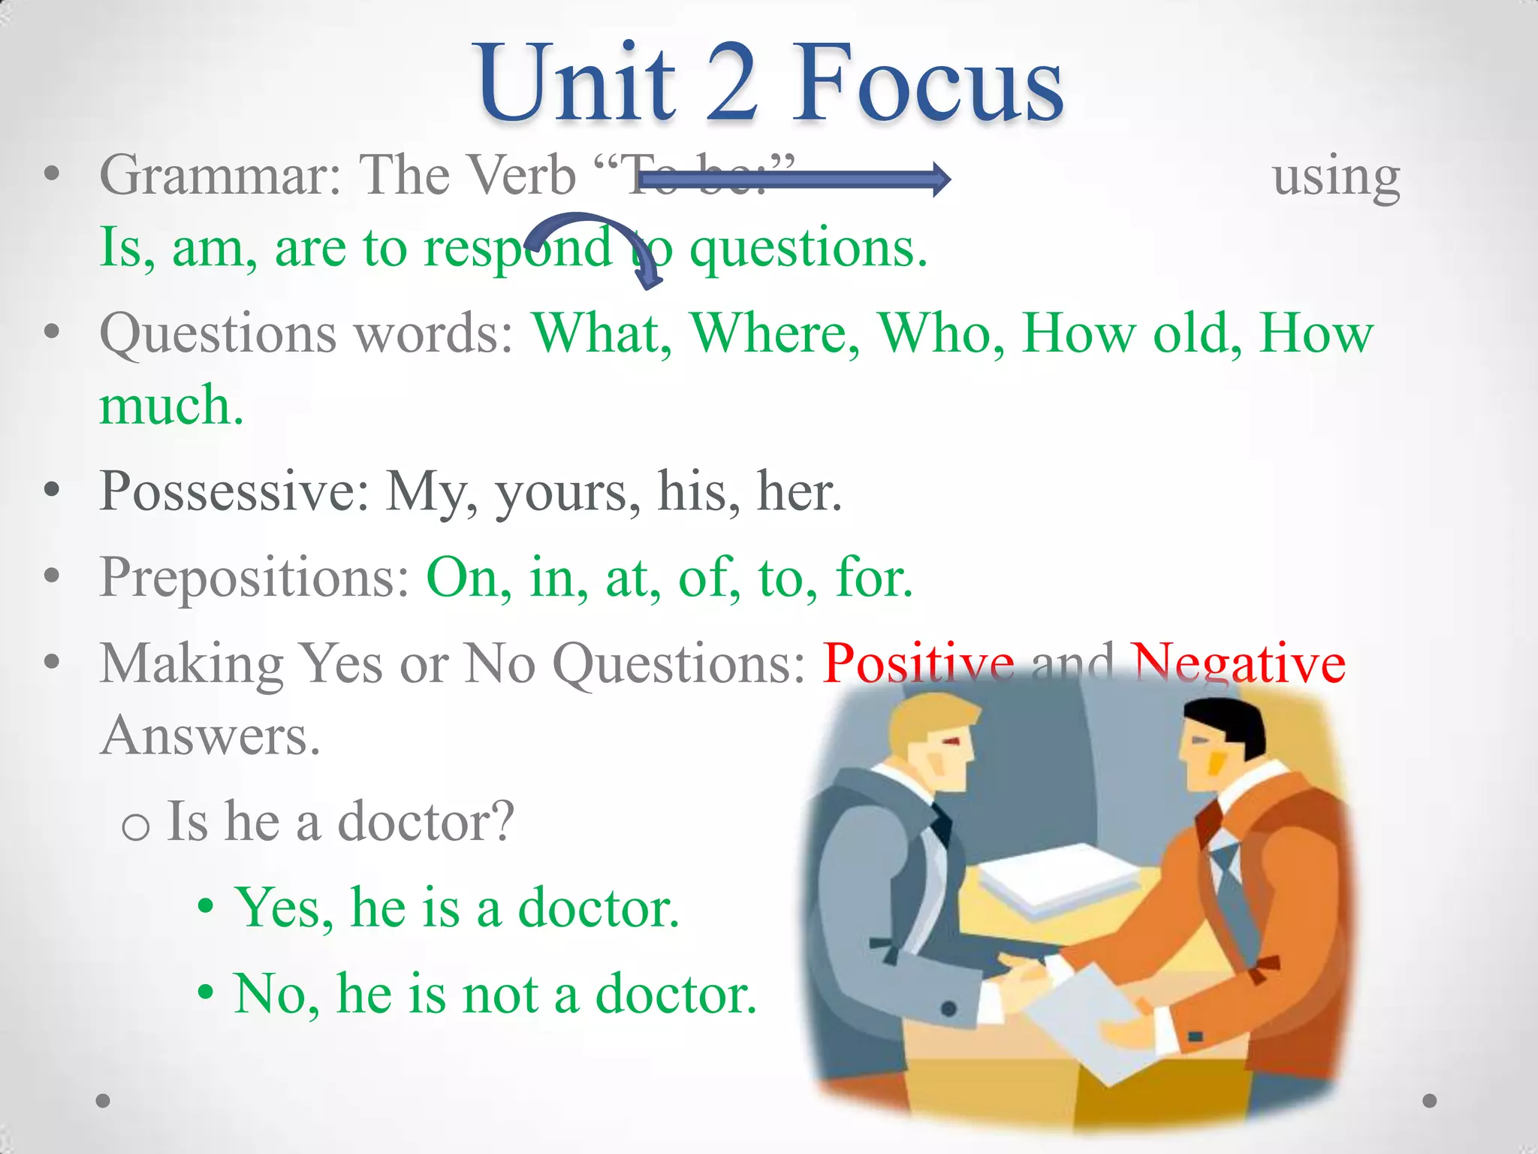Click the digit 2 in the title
tap(731, 83)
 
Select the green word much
tap(171, 406)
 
